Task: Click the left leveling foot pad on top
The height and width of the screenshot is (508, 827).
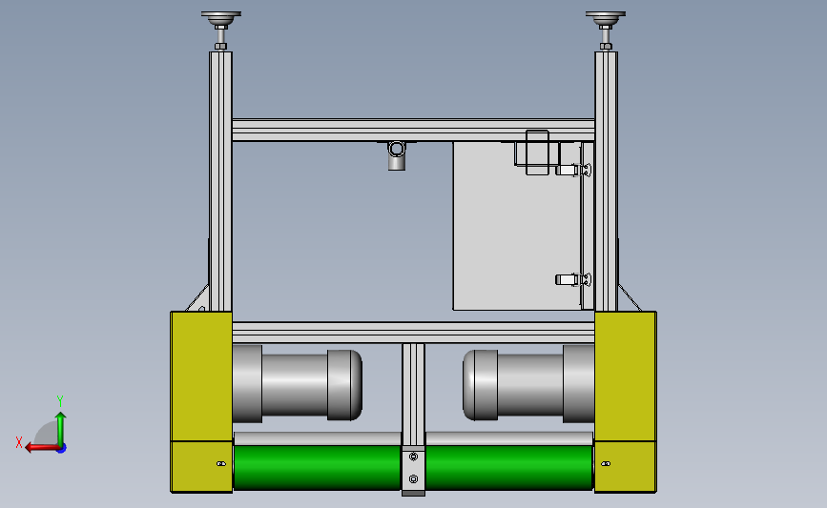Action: pos(221,16)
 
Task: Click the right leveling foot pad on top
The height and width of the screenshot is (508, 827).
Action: pos(606,16)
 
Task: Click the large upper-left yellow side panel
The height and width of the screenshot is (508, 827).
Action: pos(201,376)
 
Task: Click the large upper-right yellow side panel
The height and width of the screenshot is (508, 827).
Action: pos(626,376)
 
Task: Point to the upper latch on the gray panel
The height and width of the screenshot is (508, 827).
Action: pos(573,171)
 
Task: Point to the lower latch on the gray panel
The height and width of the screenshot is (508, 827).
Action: pos(573,279)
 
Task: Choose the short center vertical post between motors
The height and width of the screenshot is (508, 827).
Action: pos(413,391)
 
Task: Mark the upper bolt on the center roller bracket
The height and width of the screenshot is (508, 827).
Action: pos(413,457)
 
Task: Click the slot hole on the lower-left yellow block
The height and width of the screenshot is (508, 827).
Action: pos(220,464)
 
